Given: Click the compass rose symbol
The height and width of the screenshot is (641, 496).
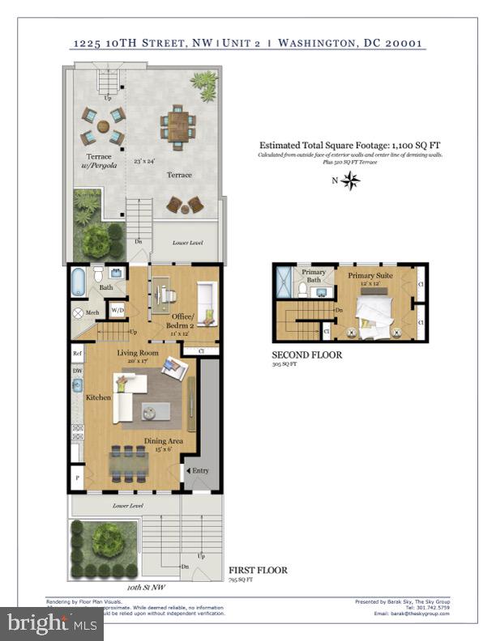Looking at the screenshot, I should point(350,180).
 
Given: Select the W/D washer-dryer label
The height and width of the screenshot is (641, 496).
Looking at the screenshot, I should point(118,310).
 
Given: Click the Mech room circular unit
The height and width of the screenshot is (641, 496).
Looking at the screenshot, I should point(79,312).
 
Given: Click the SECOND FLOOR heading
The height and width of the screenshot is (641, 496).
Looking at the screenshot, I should point(307,354).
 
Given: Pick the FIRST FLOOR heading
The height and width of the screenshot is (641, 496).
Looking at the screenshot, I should point(257,570).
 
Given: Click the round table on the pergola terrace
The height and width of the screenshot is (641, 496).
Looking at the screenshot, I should point(103,126).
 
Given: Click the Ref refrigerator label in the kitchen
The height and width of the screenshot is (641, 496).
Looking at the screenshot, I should point(77,353).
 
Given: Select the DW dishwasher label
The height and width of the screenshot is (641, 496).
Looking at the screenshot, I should point(77,371).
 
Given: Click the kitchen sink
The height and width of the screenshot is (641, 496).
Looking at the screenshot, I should point(77,386).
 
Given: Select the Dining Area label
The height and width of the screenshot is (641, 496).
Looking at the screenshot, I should point(163,441).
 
